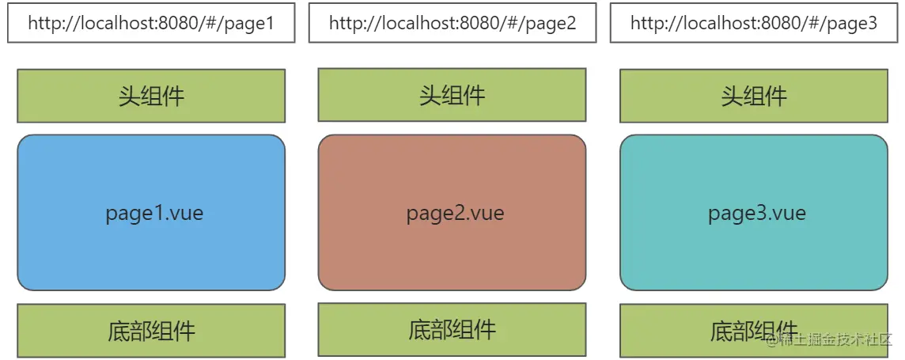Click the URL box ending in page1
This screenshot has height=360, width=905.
(x=151, y=23)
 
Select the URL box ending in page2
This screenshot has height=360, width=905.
(x=452, y=23)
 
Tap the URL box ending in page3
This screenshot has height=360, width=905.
(x=754, y=23)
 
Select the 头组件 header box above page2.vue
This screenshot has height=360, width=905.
(x=452, y=94)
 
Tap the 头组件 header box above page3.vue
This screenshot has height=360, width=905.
(x=754, y=96)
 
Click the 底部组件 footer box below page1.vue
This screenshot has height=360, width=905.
(x=151, y=331)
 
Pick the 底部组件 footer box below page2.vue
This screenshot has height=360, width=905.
(x=452, y=329)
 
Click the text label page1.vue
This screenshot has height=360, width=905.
(x=154, y=213)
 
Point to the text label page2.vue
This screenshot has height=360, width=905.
(x=456, y=213)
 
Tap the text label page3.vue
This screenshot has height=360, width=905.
(x=757, y=213)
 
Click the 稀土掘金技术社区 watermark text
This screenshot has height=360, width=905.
(x=830, y=341)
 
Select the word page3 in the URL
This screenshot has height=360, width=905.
(x=854, y=24)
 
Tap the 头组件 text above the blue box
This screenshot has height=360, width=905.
(x=151, y=96)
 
